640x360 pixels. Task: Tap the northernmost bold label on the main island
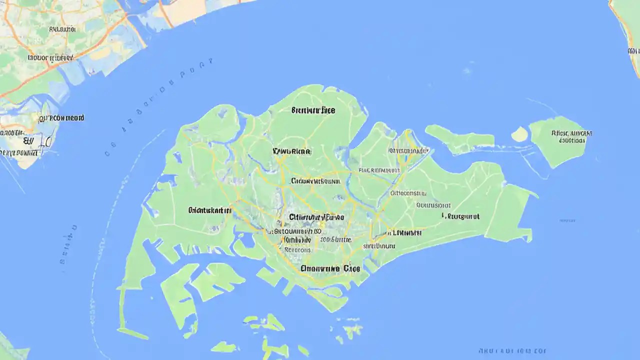pos(313,110)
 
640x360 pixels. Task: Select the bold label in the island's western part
pos(210,210)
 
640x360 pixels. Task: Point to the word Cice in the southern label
pos(352,268)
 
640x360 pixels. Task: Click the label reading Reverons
pos(297,249)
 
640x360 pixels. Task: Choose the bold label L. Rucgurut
pos(460,216)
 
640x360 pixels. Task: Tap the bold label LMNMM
pos(405,232)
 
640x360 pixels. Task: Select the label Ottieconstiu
pos(408,193)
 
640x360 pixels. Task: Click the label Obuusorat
pos(433,204)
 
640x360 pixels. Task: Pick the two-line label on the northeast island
pos(571,136)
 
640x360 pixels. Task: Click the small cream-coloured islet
pos(520,134)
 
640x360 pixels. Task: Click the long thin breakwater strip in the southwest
pos(132,332)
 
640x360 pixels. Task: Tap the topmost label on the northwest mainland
pos(62,29)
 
